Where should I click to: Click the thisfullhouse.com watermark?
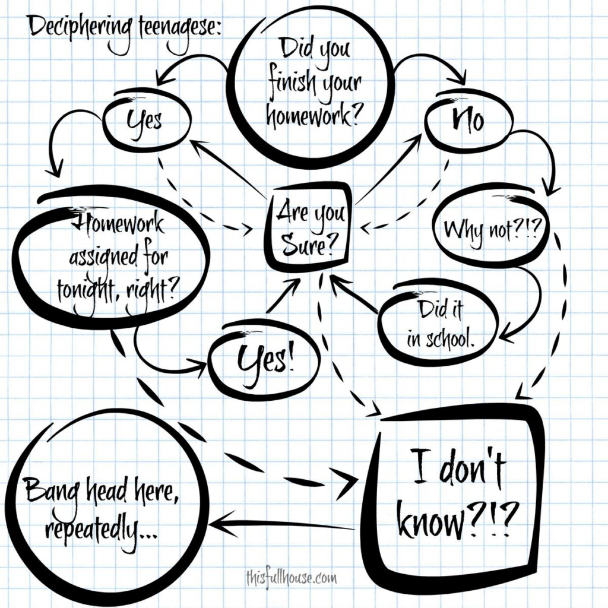[291, 578]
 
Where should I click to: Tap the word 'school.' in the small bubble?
[451, 340]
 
